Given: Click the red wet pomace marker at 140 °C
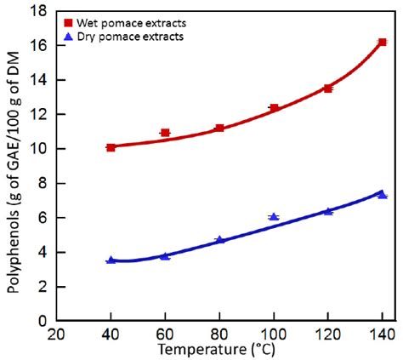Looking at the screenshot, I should coord(383,42).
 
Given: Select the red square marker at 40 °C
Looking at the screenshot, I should coord(111,147).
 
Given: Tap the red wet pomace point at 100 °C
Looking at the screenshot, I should coord(274,108).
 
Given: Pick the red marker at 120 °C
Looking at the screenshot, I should coord(328,88).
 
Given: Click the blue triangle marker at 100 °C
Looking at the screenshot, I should coord(274,217).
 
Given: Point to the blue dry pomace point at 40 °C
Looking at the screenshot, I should coord(111,260).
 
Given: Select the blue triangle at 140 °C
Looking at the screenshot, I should coord(383,195).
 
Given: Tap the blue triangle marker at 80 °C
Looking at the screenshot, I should coord(219,240).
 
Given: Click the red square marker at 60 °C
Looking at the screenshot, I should coord(165,133).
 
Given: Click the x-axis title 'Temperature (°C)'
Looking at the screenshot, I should coord(221,349).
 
